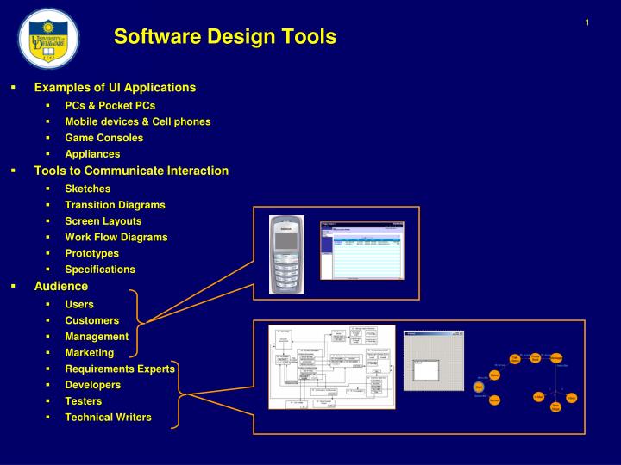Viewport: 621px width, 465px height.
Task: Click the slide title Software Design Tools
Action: point(225,36)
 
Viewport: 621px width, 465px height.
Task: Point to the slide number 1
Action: point(587,22)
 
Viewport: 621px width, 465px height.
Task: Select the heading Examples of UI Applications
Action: point(115,88)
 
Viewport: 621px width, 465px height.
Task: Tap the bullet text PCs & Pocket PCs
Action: point(110,105)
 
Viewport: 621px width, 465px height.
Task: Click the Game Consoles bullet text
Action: point(104,138)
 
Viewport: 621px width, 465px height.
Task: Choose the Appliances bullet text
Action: point(92,154)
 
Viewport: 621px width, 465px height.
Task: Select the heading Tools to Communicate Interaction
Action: point(131,170)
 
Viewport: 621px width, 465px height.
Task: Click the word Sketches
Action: point(88,189)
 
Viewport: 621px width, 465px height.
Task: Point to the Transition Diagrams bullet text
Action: point(115,205)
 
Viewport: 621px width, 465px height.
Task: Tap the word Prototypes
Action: point(91,253)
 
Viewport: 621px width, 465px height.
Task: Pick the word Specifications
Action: point(100,270)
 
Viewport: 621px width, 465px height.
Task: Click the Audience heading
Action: point(61,286)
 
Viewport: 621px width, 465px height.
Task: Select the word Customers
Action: point(92,320)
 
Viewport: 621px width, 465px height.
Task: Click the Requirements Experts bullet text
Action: point(120,369)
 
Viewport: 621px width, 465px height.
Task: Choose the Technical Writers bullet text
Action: point(108,418)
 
